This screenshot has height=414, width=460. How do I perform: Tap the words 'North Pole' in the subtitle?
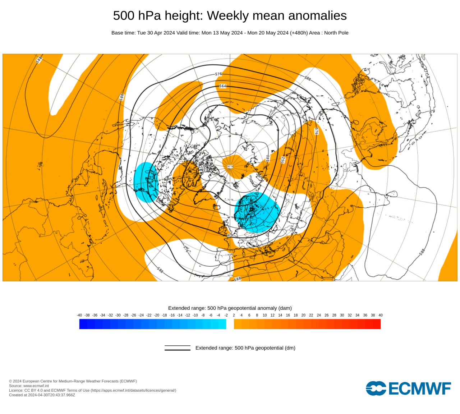click(x=336, y=33)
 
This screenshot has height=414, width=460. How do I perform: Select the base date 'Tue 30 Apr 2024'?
click(x=156, y=33)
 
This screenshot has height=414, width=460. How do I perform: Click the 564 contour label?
click(x=223, y=86)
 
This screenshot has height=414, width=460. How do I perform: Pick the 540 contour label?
click(x=268, y=158)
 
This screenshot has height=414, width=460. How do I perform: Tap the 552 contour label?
click(x=283, y=160)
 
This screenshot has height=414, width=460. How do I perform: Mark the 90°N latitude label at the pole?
click(x=230, y=166)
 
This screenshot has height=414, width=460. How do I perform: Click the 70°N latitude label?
click(x=230, y=199)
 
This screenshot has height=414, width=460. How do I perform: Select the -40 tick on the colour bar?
click(x=79, y=315)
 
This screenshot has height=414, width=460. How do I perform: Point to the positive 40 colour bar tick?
click(x=381, y=315)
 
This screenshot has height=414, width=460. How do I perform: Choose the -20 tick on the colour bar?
click(x=157, y=315)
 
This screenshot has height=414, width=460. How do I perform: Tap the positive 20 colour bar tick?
click(x=303, y=315)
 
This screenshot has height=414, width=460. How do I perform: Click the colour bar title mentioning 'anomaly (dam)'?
click(x=230, y=308)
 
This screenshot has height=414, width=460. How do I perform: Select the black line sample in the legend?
click(x=178, y=348)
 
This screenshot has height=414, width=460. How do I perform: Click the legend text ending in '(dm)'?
click(x=245, y=348)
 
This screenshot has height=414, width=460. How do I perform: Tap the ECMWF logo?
click(x=408, y=388)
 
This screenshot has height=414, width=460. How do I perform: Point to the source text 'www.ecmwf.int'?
click(x=36, y=386)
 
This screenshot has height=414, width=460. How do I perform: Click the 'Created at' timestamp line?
click(x=42, y=395)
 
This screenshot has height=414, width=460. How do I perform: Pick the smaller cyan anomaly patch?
click(x=146, y=182)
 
